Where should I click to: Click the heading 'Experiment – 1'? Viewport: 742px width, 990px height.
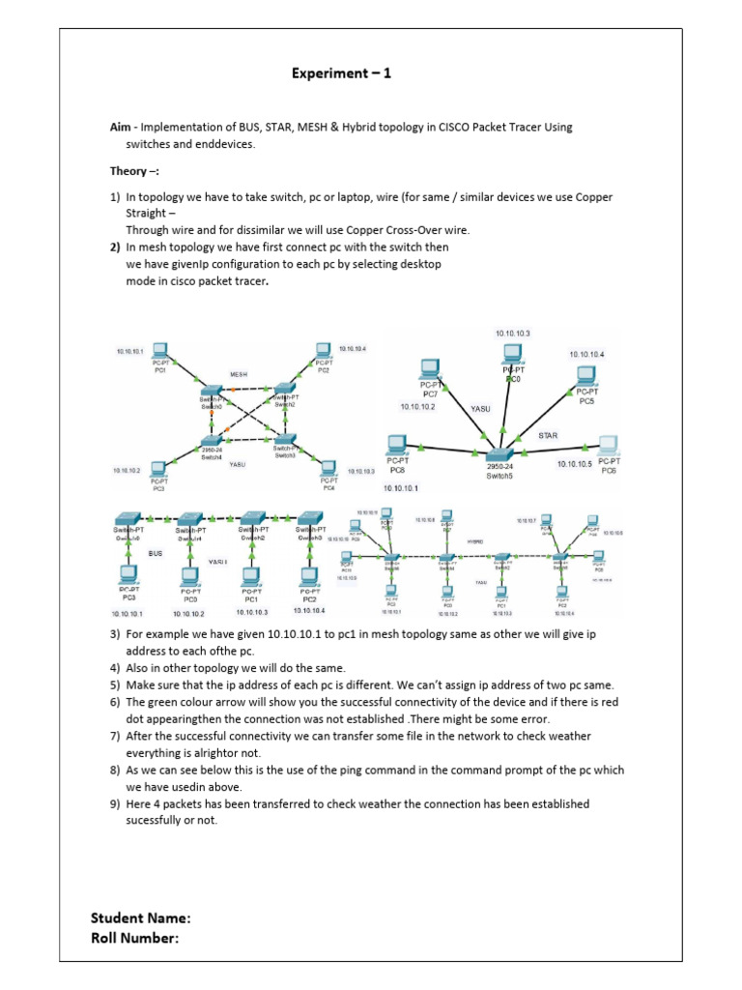click(343, 73)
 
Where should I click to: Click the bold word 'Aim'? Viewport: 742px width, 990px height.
click(120, 128)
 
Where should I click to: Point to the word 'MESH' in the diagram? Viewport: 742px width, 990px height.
click(239, 373)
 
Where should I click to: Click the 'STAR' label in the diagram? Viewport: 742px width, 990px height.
click(548, 435)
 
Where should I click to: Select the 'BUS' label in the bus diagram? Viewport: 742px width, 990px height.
click(156, 553)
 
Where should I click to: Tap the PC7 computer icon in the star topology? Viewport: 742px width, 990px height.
click(430, 369)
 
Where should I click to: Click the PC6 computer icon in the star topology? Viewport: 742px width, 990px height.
click(608, 446)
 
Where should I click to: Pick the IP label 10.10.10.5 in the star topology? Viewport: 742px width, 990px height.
click(575, 464)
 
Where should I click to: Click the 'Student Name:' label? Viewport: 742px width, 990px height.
click(141, 917)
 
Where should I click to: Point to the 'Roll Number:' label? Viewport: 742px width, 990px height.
click(135, 937)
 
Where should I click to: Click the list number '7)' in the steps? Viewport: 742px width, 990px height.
click(115, 737)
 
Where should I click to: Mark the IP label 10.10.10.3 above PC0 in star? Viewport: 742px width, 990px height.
click(512, 334)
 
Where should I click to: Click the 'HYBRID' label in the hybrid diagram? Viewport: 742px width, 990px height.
click(474, 542)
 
